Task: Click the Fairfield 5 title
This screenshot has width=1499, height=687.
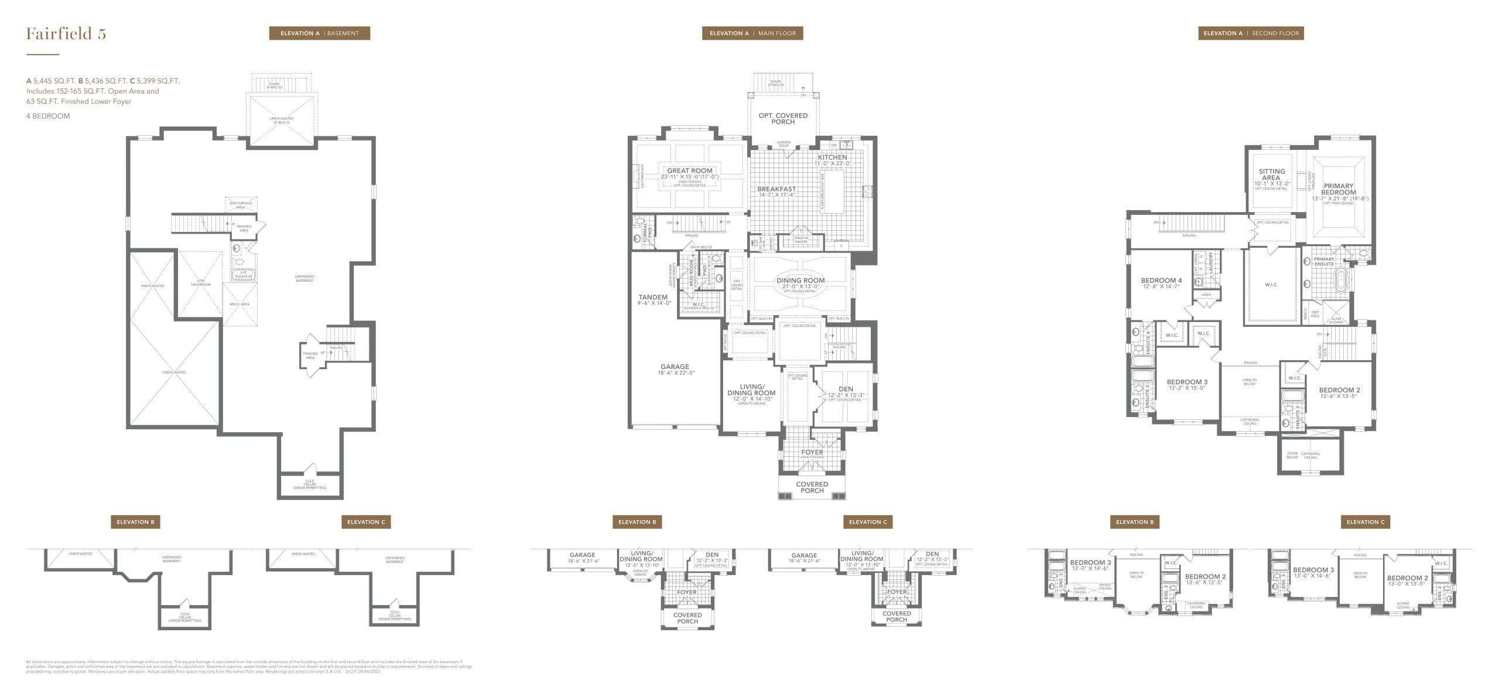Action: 66,34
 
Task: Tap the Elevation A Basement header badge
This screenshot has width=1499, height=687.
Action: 319,33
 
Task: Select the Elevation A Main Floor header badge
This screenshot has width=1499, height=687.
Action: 752,33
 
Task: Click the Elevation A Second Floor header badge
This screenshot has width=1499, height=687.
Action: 1251,33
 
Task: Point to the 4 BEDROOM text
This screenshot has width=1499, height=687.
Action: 48,116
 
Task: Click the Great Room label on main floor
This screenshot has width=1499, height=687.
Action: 690,171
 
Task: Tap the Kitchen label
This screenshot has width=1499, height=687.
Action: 832,158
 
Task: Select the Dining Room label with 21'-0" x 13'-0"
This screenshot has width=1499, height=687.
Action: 800,281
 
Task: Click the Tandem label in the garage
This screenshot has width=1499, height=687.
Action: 653,298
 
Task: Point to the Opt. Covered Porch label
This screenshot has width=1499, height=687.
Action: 783,118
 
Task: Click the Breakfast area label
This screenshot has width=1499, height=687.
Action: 776,189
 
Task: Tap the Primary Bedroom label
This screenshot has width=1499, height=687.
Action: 1339,189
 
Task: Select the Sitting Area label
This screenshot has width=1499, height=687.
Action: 1272,175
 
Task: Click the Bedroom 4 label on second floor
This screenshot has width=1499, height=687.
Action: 1162,281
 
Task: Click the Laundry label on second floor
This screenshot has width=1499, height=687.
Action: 1211,262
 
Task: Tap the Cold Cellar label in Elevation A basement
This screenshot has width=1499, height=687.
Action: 310,484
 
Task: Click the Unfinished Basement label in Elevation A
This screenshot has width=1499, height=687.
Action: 304,278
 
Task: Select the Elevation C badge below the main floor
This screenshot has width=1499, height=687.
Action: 868,522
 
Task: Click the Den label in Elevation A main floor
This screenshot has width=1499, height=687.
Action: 846,389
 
